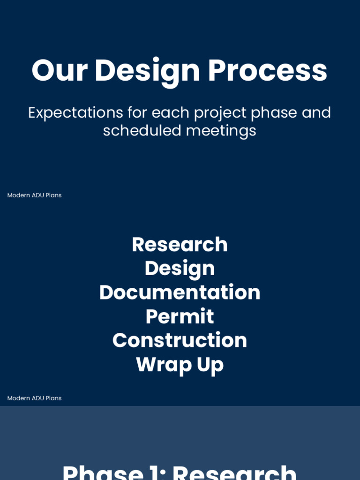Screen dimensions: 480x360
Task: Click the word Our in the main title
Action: [60, 71]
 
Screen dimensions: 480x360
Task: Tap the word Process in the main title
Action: [267, 71]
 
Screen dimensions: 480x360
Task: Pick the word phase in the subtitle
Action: [274, 113]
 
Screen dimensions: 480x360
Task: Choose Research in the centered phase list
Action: [180, 245]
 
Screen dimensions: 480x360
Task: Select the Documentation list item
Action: [180, 292]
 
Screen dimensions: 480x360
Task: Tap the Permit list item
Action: [180, 317]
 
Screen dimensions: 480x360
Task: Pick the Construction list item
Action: [180, 340]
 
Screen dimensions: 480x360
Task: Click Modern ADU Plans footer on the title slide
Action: [34, 195]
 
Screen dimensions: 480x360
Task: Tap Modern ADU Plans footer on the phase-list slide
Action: [34, 398]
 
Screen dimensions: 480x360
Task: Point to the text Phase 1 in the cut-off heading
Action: [112, 472]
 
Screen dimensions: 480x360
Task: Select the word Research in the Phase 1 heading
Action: [234, 472]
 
